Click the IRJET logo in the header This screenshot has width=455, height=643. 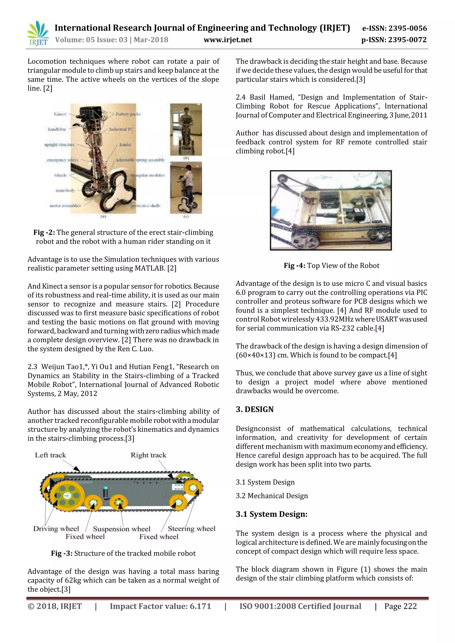click(x=38, y=33)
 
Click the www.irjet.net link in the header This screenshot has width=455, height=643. click(x=227, y=40)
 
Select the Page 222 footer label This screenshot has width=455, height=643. click(x=400, y=606)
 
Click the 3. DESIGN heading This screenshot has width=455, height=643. click(x=254, y=409)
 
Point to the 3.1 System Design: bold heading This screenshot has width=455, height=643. click(x=271, y=514)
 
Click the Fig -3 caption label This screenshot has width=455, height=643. click(x=62, y=553)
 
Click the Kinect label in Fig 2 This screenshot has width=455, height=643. click(x=60, y=114)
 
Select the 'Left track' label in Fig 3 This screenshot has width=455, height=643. click(x=50, y=455)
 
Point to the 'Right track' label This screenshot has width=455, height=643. click(x=148, y=455)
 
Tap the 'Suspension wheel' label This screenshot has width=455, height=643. click(x=122, y=529)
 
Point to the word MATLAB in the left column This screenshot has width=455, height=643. click(x=150, y=268)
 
